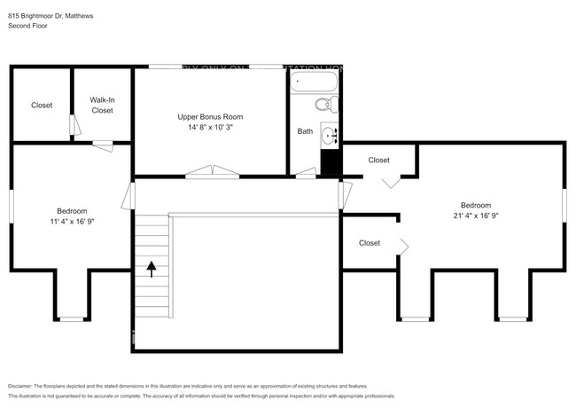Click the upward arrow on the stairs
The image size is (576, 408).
point(151,269)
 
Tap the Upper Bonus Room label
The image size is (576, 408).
point(210,117)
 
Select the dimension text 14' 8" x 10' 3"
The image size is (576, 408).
point(210,128)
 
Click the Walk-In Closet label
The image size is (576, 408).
point(102,106)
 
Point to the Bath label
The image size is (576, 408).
point(305,131)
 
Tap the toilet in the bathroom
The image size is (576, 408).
point(328,105)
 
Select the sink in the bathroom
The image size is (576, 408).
point(329,136)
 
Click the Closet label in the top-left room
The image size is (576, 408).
point(42,106)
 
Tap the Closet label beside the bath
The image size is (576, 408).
point(378,161)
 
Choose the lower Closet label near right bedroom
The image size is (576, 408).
point(370,243)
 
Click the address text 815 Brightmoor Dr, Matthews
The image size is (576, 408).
point(51,16)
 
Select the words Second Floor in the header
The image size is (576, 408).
point(27,27)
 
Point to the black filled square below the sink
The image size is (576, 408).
point(330,162)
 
